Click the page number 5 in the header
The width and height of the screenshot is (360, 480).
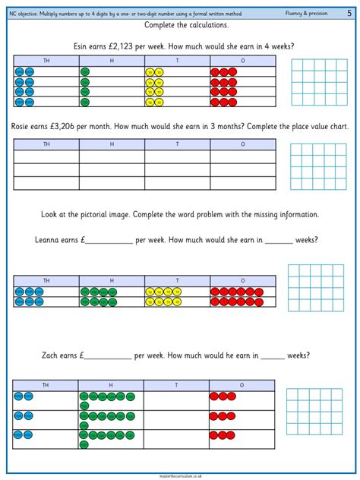(x=349, y=14)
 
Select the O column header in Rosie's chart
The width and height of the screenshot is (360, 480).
(x=243, y=144)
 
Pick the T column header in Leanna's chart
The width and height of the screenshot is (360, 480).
(x=177, y=281)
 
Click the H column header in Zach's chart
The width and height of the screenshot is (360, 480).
(x=111, y=385)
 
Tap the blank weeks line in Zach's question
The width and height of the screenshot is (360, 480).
(x=273, y=356)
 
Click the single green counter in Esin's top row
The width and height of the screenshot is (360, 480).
(x=84, y=72)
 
